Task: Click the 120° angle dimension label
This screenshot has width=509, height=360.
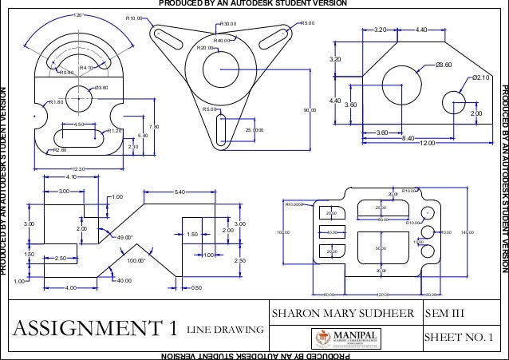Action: click(78, 15)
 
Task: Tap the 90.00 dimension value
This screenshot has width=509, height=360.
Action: click(310, 109)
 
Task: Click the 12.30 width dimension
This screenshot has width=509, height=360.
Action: click(78, 168)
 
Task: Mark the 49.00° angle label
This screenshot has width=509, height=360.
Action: click(126, 238)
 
